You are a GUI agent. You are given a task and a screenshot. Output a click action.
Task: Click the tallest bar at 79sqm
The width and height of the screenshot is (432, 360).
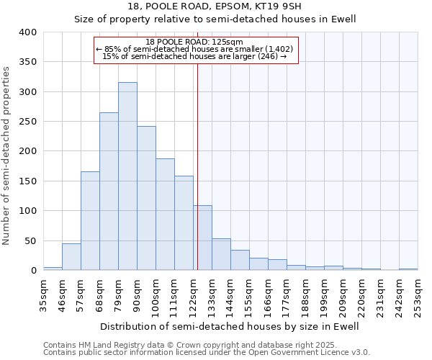tap(127, 176)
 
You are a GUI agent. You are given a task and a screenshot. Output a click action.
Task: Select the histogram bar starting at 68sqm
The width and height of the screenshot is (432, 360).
tap(109, 192)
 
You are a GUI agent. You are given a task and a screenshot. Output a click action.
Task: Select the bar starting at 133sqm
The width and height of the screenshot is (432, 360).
tap(221, 255)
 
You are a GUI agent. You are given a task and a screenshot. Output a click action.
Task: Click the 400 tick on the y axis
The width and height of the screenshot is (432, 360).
tap(27, 32)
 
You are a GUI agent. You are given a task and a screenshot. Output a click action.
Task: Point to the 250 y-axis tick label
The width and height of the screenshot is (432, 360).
tap(27, 122)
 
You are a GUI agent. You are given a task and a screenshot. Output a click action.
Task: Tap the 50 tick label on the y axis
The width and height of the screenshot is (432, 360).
tap(30, 240)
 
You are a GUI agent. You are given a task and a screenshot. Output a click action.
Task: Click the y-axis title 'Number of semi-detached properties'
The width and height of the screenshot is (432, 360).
tap(6, 155)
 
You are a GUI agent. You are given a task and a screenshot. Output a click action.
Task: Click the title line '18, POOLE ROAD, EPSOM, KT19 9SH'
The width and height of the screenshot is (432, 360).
tap(216, 6)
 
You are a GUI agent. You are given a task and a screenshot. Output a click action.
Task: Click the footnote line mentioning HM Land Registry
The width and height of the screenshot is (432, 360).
tap(206, 345)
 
